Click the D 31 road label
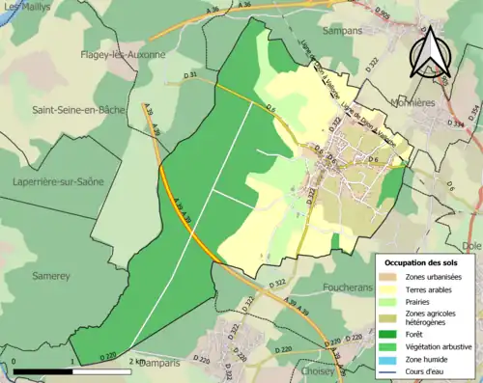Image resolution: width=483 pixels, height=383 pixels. click(188, 75)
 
